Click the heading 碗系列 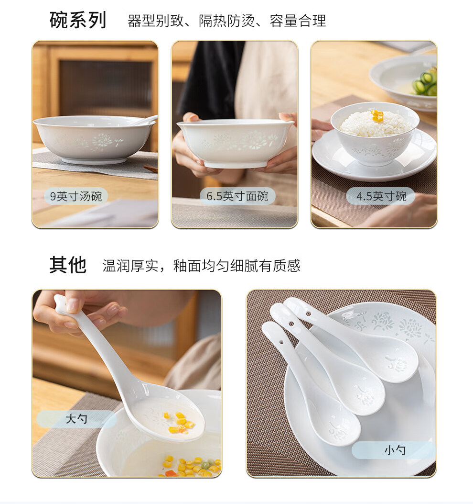pyautogui.click(x=78, y=20)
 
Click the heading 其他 pyautogui.click(x=68, y=265)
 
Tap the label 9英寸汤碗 pyautogui.click(x=76, y=196)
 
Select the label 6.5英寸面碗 pyautogui.click(x=237, y=196)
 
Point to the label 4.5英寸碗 pyautogui.click(x=381, y=196)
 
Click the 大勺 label pyautogui.click(x=76, y=419)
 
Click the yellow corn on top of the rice pyautogui.click(x=377, y=116)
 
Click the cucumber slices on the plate pyautogui.click(x=426, y=82)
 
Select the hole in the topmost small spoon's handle pyautogui.click(x=308, y=314)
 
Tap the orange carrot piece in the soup pyautogui.click(x=171, y=473)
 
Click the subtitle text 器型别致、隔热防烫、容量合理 pyautogui.click(x=226, y=21)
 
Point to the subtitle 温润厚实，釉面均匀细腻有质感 pyautogui.click(x=201, y=266)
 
